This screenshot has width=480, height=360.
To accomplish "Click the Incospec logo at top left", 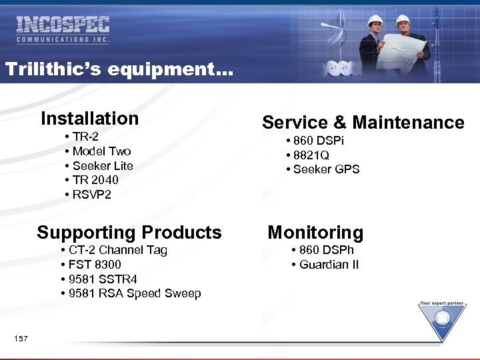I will tap(63, 30).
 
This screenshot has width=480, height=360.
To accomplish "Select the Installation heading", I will tap(89, 119).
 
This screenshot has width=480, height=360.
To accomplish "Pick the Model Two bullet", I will tap(101, 151).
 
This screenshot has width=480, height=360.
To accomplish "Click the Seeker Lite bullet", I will tap(103, 166).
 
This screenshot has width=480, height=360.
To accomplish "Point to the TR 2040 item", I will tap(95, 180).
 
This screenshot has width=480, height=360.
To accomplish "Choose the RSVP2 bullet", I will tap(92, 195).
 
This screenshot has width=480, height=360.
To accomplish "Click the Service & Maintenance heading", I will tap(363, 123).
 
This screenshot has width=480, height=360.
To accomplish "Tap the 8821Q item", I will tap(311, 155).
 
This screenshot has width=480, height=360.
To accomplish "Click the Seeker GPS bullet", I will tap(326, 169).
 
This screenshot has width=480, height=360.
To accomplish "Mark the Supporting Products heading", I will tap(129, 233).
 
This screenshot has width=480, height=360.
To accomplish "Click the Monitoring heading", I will tap(315, 233).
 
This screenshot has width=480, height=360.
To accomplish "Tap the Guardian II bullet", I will tap(329, 265).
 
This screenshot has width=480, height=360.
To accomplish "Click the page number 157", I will tap(21, 339).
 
